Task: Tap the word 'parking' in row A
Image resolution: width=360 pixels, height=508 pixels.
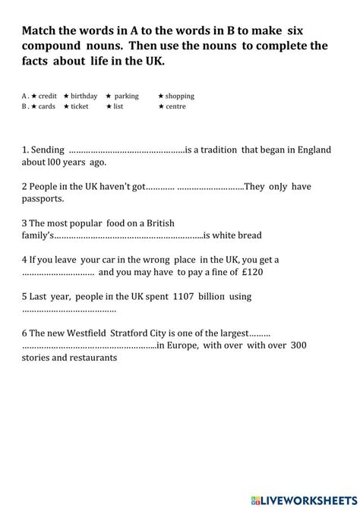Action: (126, 96)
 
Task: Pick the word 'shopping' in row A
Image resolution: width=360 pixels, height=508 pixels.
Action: (179, 96)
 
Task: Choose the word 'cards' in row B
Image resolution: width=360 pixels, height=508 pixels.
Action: (46, 106)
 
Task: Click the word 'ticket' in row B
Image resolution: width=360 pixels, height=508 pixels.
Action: (80, 106)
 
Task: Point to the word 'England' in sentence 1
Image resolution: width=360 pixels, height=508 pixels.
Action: (312, 150)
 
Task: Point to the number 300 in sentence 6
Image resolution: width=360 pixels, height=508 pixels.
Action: (298, 345)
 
